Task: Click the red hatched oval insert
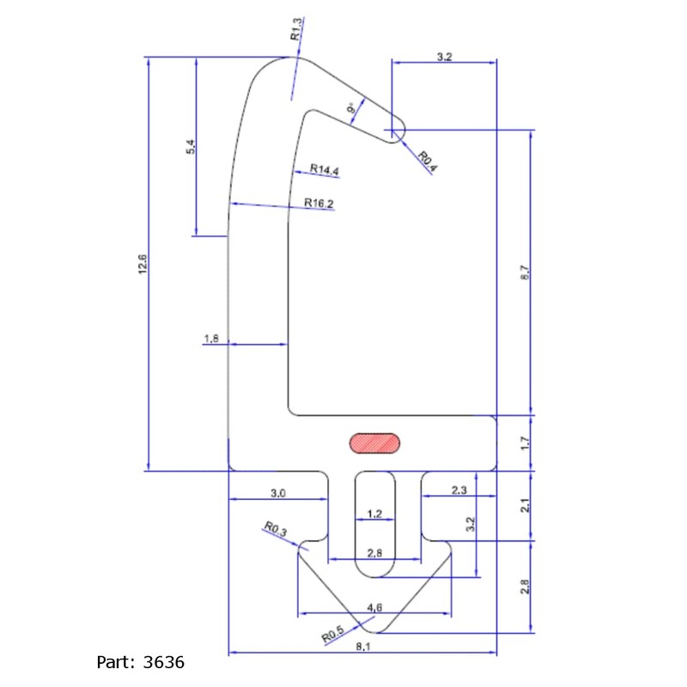(x=374, y=442)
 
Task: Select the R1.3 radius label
(x=296, y=29)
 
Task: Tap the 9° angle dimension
(x=351, y=108)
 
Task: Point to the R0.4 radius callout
(x=427, y=161)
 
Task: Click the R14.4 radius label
(x=325, y=169)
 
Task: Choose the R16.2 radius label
(x=319, y=203)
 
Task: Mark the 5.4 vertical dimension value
(x=191, y=146)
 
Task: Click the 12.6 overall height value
(x=143, y=264)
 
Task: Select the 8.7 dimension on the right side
(x=525, y=272)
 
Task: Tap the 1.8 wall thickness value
(x=211, y=338)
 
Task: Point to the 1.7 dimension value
(x=525, y=443)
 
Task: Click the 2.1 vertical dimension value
(x=525, y=506)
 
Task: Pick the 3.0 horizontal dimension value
(x=277, y=493)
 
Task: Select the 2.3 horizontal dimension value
(x=459, y=489)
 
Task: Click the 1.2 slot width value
(x=374, y=514)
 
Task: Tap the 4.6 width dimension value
(x=374, y=607)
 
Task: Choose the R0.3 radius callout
(x=275, y=528)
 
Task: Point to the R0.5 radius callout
(x=333, y=634)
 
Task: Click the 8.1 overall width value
(x=363, y=647)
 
